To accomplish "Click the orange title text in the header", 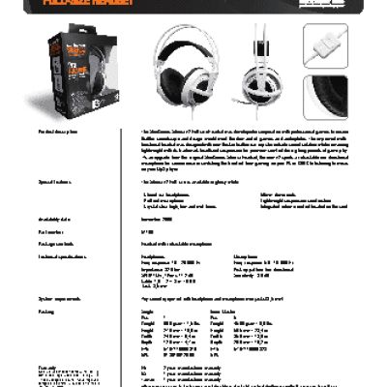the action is [87, 4].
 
